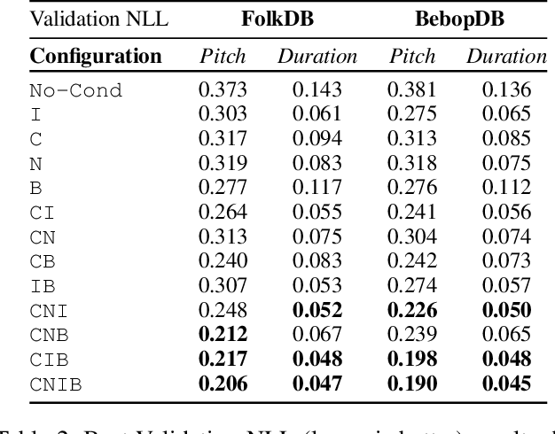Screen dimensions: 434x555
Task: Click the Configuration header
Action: (x=95, y=57)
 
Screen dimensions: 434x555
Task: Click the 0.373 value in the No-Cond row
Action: (x=222, y=89)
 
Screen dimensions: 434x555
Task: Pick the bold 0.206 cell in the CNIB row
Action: (x=222, y=383)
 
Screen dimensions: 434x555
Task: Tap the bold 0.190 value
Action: (x=413, y=383)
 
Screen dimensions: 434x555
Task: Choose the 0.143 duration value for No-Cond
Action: (x=317, y=89)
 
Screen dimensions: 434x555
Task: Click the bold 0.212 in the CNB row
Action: (x=222, y=334)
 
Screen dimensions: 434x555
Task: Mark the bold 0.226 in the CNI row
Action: (x=413, y=310)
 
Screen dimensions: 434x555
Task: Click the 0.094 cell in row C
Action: (x=317, y=138)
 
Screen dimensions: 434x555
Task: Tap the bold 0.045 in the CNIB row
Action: (x=507, y=383)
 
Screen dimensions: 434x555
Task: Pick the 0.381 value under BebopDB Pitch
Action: (x=413, y=89)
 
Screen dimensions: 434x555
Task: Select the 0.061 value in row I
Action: (x=317, y=114)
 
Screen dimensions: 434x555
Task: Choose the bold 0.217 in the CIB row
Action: (x=222, y=359)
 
